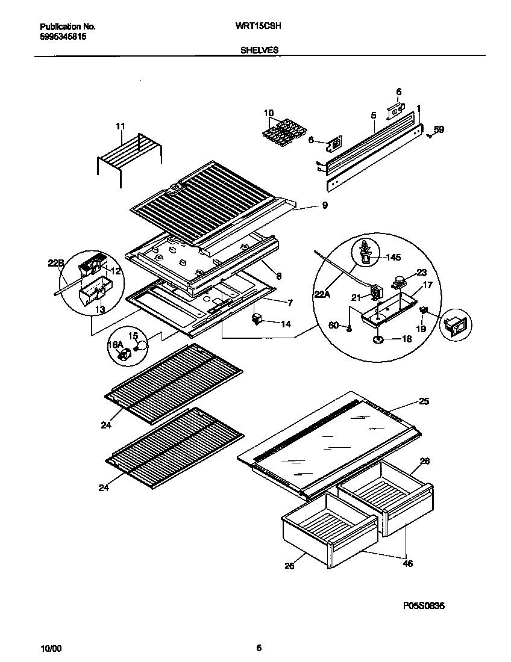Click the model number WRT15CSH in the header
pyautogui.click(x=261, y=26)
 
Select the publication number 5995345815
pyautogui.click(x=63, y=36)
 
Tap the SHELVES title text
pyautogui.click(x=260, y=51)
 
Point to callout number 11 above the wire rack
pyautogui.click(x=121, y=126)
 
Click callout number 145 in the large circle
pyautogui.click(x=392, y=258)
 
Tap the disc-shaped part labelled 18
pyautogui.click(x=379, y=339)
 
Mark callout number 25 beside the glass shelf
pyautogui.click(x=424, y=401)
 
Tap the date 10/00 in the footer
pyautogui.click(x=51, y=648)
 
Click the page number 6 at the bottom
pyautogui.click(x=259, y=648)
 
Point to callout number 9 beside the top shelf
pyautogui.click(x=325, y=206)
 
